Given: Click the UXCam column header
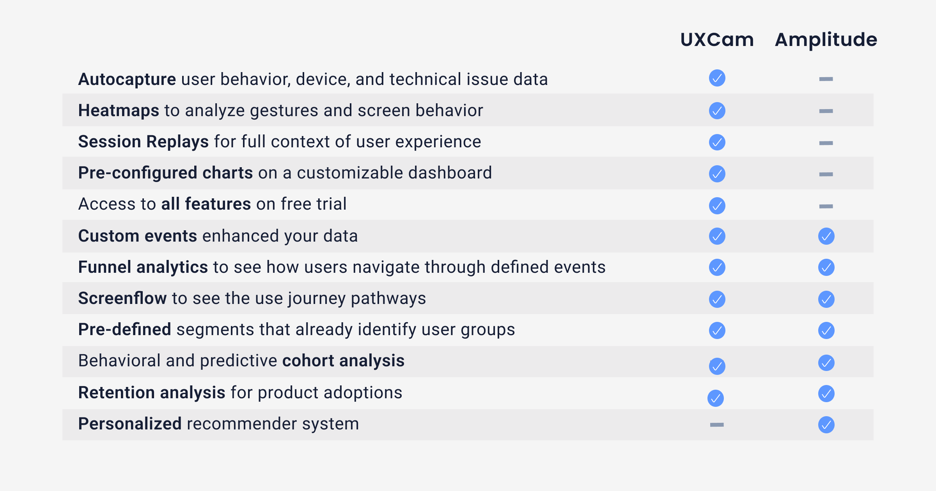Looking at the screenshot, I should [x=717, y=40].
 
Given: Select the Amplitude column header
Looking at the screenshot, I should [x=826, y=40].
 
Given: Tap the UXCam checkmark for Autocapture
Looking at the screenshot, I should [x=717, y=78].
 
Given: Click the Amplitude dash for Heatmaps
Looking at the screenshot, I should [x=826, y=111].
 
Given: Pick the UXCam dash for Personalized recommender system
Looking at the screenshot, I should [x=717, y=424].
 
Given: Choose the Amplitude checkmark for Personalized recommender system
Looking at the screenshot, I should [x=826, y=424].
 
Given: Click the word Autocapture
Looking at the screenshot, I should [x=127, y=79].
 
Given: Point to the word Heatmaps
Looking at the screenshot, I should [x=119, y=111].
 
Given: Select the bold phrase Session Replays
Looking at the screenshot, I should [x=143, y=142].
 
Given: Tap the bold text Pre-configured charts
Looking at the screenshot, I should [x=165, y=173].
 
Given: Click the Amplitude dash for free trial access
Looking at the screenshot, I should [x=826, y=206].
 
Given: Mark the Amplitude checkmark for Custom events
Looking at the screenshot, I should [x=826, y=236].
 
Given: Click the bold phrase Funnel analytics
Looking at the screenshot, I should [x=143, y=267].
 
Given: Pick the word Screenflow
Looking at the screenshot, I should [x=122, y=298].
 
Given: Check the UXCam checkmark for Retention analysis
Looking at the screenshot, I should [x=715, y=398].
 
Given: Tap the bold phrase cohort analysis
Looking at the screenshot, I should [x=343, y=361].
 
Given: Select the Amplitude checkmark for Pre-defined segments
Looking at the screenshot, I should [x=826, y=330].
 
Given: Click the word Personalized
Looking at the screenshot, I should [x=130, y=424].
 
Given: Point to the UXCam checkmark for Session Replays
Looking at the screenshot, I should [x=717, y=142].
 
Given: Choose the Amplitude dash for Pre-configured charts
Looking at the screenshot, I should [x=826, y=174].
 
